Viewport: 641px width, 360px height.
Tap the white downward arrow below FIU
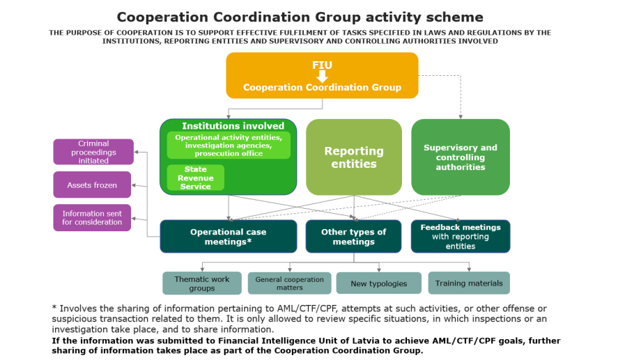(x=322, y=76)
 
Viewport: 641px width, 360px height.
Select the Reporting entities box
(x=354, y=157)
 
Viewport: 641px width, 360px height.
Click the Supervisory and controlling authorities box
(x=461, y=157)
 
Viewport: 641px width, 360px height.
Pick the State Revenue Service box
(x=196, y=178)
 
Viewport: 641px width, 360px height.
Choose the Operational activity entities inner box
(x=229, y=146)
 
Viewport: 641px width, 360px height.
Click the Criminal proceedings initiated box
(x=93, y=152)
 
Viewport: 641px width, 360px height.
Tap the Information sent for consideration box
(x=92, y=218)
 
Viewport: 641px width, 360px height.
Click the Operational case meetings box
(x=229, y=237)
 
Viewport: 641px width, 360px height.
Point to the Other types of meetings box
(x=353, y=237)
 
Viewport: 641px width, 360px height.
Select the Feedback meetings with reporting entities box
(x=461, y=237)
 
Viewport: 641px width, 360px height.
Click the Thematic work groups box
(x=202, y=283)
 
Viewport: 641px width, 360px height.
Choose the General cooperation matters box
(x=289, y=283)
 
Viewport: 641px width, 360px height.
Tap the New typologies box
(x=378, y=283)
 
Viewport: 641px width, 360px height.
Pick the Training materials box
(x=469, y=283)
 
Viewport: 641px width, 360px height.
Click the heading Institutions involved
(x=233, y=126)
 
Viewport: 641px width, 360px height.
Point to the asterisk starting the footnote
(x=54, y=308)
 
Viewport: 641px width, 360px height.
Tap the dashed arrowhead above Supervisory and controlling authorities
(x=461, y=116)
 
